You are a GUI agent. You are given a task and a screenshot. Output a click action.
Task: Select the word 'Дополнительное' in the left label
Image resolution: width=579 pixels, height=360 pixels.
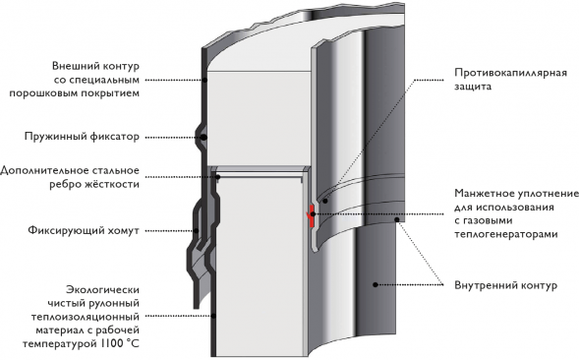[45, 169]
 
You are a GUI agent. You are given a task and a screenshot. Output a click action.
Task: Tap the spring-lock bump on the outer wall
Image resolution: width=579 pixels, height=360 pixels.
[201, 136]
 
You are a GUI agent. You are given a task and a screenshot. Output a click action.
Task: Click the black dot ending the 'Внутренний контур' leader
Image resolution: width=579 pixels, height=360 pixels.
[375, 284]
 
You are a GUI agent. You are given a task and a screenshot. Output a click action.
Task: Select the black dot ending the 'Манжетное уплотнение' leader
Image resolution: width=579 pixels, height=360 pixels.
[398, 220]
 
